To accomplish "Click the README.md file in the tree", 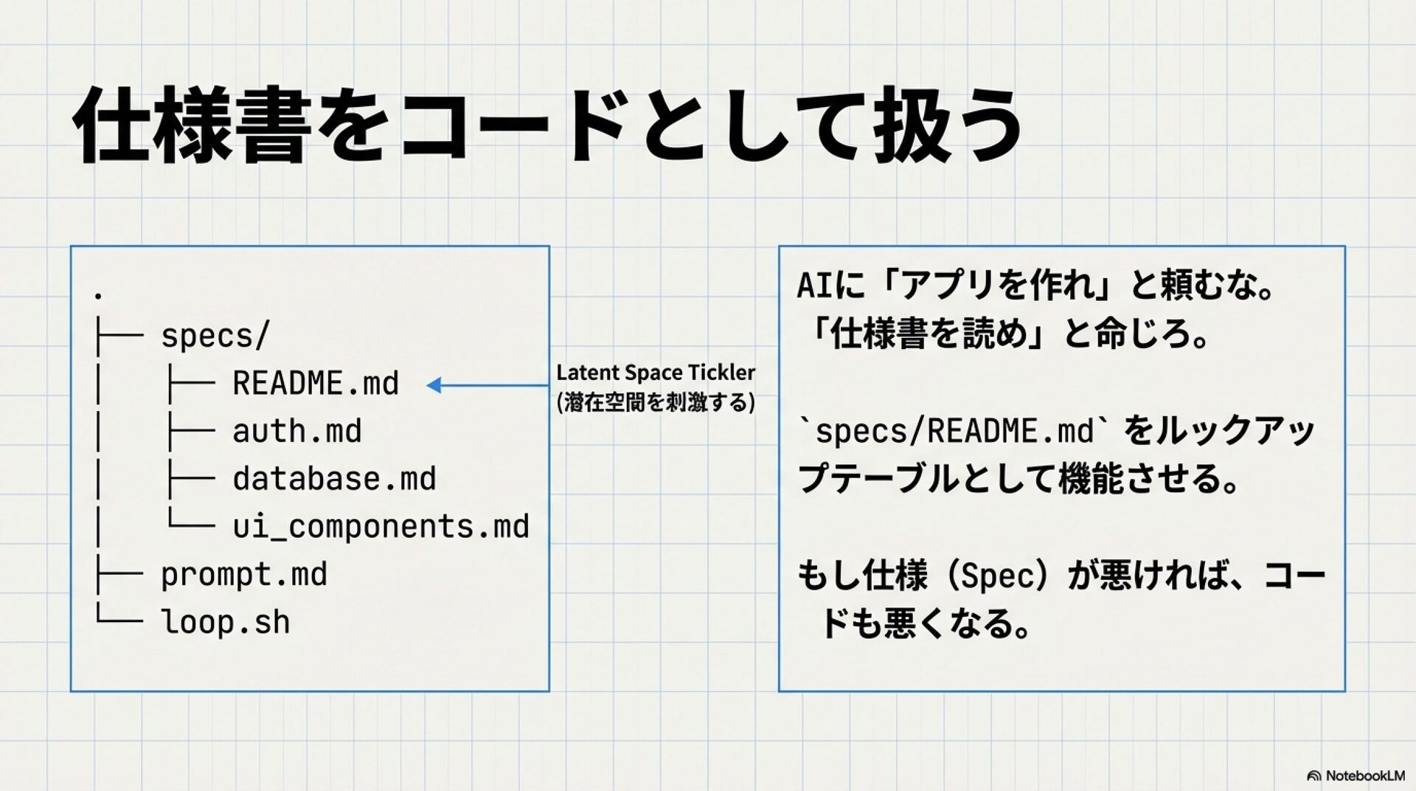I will (x=316, y=384).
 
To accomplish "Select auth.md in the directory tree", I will (x=297, y=432).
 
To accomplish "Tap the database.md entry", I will (x=334, y=479).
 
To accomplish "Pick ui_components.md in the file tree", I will (x=381, y=527).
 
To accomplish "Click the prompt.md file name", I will (x=244, y=575).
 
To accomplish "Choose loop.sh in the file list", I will (x=226, y=622).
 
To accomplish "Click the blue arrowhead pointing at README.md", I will (x=434, y=385).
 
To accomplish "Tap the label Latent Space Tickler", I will (x=656, y=373).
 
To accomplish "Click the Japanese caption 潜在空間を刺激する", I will (x=656, y=403).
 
